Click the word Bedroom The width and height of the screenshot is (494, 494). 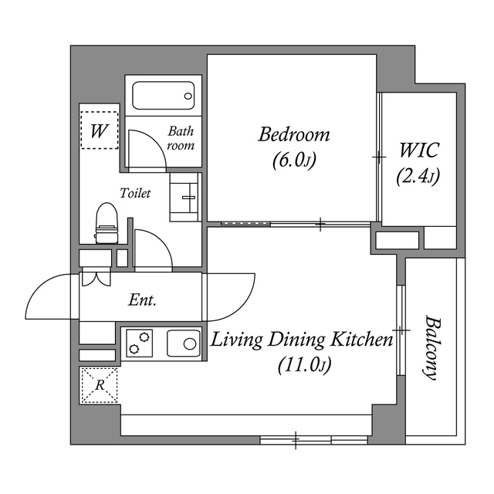click(293, 135)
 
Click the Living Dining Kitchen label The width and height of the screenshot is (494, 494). click(303, 340)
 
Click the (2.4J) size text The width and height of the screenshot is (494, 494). click(418, 177)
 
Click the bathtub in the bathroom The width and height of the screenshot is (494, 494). click(163, 96)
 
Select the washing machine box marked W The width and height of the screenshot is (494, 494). click(99, 130)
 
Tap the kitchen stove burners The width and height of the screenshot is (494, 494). click(140, 342)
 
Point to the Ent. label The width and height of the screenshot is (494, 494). click(142, 300)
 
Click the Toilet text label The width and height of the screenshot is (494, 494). click(134, 193)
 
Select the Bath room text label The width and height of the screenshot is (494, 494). click(181, 138)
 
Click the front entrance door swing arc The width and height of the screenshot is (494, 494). click(46, 297)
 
